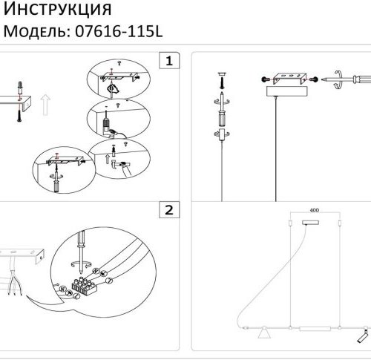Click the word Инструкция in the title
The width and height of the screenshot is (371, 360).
(x=58, y=10)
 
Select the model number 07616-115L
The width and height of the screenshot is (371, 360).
(x=117, y=31)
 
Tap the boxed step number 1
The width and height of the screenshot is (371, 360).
(x=170, y=60)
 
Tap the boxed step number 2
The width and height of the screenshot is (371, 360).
(x=170, y=210)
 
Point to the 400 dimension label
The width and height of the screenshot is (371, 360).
(x=313, y=211)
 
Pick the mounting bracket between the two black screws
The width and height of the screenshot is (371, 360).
(x=286, y=78)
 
